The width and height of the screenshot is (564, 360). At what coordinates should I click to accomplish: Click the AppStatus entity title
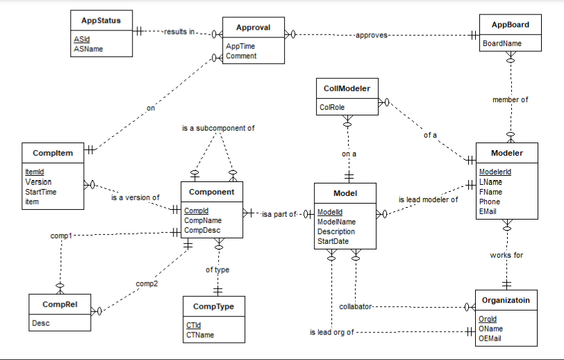(x=101, y=21)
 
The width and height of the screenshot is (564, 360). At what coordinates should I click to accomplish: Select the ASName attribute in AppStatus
(x=88, y=49)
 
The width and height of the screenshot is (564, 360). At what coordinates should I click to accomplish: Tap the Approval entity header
(x=253, y=28)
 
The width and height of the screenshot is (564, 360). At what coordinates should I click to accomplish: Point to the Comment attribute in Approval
(x=241, y=56)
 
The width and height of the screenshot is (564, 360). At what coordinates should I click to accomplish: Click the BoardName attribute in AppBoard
(x=501, y=43)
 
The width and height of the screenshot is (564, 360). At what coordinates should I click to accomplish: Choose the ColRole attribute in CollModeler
(x=332, y=108)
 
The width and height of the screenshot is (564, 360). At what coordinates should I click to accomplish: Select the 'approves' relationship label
(x=372, y=35)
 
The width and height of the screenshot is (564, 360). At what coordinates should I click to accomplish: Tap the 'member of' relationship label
(x=510, y=99)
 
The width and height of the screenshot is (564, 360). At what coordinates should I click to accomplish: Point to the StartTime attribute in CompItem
(x=41, y=192)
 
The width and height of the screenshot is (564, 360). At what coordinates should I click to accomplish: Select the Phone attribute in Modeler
(x=489, y=202)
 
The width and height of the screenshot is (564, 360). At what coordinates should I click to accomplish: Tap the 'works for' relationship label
(x=506, y=255)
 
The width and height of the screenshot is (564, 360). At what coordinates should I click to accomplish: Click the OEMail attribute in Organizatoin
(x=490, y=338)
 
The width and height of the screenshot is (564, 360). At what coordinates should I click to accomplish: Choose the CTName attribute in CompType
(x=200, y=335)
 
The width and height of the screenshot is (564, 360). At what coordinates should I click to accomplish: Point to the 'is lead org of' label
(x=332, y=332)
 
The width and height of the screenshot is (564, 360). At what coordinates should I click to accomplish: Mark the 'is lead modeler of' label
(x=428, y=199)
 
